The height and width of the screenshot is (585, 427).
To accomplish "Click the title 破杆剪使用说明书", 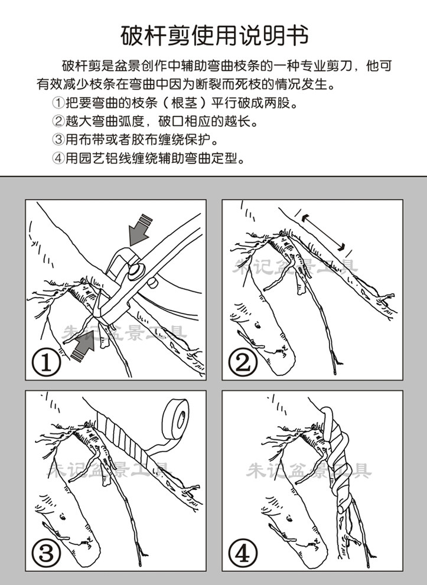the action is [x=214, y=36].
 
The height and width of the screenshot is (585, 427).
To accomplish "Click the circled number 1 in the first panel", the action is [x=46, y=362].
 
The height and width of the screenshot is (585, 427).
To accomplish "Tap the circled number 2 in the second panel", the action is [x=243, y=362].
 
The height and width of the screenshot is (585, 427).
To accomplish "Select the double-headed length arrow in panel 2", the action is [x=323, y=231].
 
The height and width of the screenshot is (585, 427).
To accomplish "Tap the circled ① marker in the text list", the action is [x=58, y=103].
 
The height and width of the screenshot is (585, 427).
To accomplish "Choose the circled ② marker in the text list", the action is [x=58, y=121].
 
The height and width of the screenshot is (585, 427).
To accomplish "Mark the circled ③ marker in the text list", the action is [x=58, y=140].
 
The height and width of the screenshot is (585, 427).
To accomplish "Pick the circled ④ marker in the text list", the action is [x=58, y=159].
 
